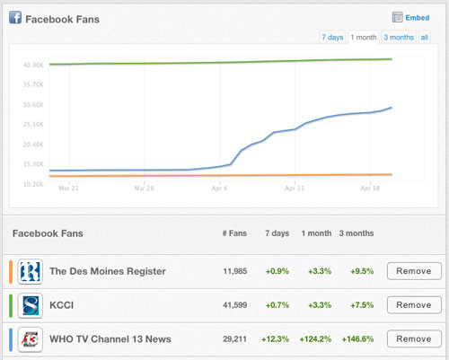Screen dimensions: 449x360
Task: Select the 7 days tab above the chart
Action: tap(332, 37)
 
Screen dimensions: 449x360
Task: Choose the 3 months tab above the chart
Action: tap(399, 37)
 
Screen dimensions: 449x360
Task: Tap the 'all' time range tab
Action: tap(425, 37)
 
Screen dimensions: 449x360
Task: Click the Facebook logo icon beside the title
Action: tap(15, 17)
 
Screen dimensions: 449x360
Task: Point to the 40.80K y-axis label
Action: tap(33, 65)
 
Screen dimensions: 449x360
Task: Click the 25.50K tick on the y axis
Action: tap(33, 124)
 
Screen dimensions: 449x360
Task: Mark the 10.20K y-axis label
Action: tap(33, 184)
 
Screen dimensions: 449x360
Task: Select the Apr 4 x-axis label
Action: tap(219, 189)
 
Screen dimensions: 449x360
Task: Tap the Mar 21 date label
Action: tap(68, 189)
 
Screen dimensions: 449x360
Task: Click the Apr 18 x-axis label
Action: tap(370, 189)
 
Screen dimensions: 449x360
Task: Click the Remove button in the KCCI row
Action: tap(414, 305)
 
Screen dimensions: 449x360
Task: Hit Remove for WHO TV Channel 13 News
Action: tap(414, 338)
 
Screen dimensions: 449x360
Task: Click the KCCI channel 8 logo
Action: tap(30, 305)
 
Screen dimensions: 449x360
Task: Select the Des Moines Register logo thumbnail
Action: tap(30, 271)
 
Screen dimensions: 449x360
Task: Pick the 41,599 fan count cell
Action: tap(235, 305)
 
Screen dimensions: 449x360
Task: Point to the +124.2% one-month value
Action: tap(315, 339)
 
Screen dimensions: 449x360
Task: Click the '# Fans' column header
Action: tap(234, 233)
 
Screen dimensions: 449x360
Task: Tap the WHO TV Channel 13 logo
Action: tap(30, 339)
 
